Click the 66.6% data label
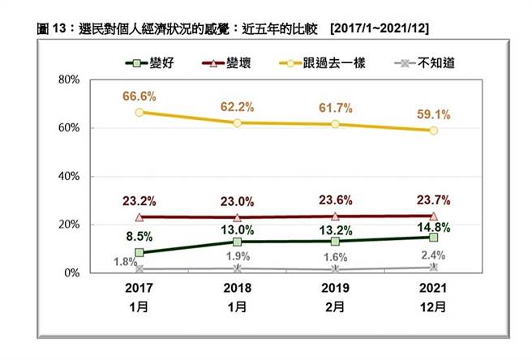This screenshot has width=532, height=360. [139, 96]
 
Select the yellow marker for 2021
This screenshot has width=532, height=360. [434, 131]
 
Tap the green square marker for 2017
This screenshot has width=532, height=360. [139, 253]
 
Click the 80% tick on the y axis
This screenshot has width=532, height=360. [68, 79]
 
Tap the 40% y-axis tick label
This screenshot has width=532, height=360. [68, 176]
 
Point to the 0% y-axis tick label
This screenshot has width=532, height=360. [71, 273]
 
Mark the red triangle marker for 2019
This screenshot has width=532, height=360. [336, 216]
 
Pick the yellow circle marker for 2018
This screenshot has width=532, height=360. [237, 123]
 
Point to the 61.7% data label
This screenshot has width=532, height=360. [336, 106]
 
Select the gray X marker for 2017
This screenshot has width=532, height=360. [139, 268]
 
